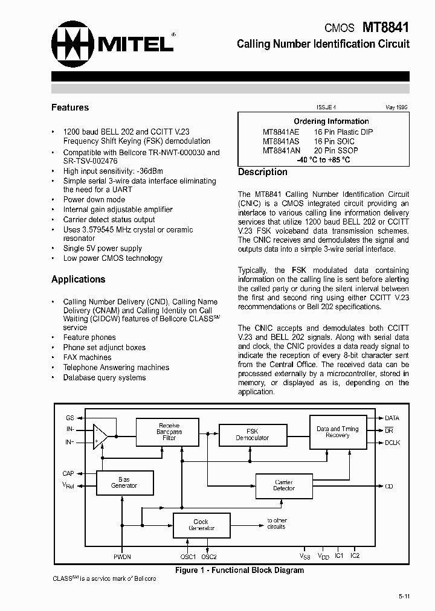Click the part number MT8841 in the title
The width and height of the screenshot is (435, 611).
coord(385,27)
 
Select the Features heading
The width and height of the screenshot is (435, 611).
coord(70,107)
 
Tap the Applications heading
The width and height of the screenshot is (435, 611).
coord(78,279)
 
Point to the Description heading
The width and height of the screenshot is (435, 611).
coord(263,172)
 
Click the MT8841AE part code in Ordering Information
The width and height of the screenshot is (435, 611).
coord(281,132)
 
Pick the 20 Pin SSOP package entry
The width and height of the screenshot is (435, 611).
coord(336,150)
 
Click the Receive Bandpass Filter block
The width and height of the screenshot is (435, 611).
coord(169,432)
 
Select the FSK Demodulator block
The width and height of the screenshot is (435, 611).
coord(253,435)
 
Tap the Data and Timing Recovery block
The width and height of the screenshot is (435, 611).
coord(337,432)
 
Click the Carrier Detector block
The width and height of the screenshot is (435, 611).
coord(284,485)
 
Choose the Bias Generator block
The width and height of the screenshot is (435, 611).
coord(124,483)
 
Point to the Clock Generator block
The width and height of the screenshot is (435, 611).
coord(201,525)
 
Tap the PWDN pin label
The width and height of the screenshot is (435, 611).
coord(122,556)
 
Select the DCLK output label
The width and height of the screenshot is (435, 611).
coord(393,443)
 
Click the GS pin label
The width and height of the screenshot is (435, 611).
coord(69,418)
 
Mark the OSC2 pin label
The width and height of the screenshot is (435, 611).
coord(209,556)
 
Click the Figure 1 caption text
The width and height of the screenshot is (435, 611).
coord(239,570)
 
